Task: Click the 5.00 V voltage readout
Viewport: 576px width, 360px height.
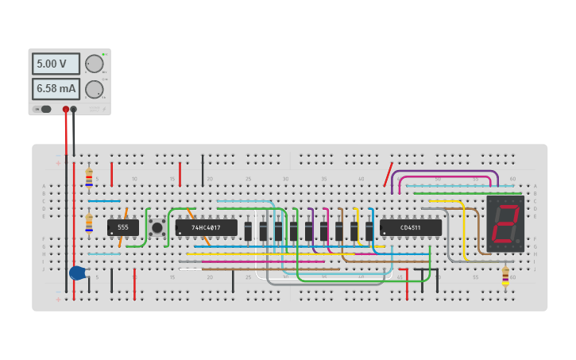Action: tap(56, 64)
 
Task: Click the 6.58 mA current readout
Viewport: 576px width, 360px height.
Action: tap(56, 89)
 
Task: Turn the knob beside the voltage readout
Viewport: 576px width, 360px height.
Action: tap(95, 64)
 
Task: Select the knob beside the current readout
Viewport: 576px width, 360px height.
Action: tap(95, 89)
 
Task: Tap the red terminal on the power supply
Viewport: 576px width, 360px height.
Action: tap(66, 110)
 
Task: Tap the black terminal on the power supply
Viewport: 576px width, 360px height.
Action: tap(74, 110)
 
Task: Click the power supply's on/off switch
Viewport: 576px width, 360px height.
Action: tap(44, 109)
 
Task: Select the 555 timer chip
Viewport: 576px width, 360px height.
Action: tap(123, 227)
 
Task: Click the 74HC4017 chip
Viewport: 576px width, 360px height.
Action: tap(207, 227)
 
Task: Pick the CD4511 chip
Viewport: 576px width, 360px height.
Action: tap(411, 227)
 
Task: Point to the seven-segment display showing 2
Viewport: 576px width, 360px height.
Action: tap(505, 223)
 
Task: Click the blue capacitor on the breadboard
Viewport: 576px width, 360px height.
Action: tap(77, 273)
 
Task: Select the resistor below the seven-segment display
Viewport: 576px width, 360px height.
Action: tap(505, 275)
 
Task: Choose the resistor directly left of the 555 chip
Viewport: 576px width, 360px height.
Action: tap(89, 223)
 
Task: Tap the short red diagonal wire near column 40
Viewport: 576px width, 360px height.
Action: tap(389, 175)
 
